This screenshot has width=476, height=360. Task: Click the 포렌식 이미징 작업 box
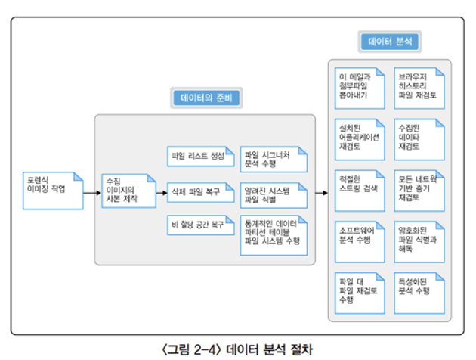tap(53, 191)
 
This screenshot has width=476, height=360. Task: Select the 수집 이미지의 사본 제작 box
tap(129, 191)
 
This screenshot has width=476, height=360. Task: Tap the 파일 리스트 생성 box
tap(201, 157)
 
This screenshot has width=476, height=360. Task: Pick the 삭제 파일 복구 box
tap(201, 192)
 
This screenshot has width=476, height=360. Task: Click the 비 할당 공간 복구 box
tap(201, 225)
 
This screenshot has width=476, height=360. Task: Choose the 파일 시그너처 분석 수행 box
tap(274, 160)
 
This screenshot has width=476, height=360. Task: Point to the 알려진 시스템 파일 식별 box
tap(274, 195)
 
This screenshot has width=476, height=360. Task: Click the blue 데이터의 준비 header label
tap(206, 98)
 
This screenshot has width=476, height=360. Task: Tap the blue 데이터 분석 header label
tap(390, 42)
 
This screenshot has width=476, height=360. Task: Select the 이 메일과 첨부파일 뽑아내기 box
tap(360, 88)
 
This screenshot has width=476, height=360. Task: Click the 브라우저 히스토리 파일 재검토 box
tap(419, 88)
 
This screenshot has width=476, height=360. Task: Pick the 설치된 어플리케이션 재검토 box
tap(360, 140)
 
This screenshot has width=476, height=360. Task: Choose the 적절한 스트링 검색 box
tap(360, 191)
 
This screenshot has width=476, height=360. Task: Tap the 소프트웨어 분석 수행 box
tap(360, 242)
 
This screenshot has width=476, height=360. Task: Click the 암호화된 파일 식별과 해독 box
tap(419, 242)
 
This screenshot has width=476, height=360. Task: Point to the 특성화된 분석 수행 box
tap(419, 293)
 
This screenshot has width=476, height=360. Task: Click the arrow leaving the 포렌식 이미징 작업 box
tap(92, 193)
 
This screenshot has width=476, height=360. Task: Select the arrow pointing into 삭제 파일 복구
tap(162, 193)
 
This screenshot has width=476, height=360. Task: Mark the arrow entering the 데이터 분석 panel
tap(322, 193)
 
